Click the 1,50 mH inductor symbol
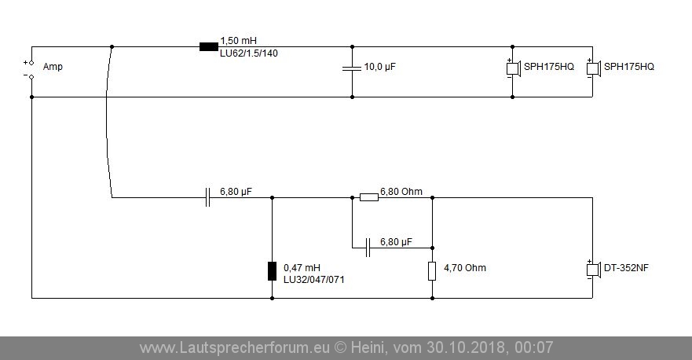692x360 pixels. click(209, 46)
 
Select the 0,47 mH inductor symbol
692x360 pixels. click(273, 270)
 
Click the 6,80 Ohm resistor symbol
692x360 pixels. click(369, 197)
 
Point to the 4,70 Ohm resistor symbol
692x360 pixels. click(432, 270)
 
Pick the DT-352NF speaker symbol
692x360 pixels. click(594, 269)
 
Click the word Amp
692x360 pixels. click(53, 67)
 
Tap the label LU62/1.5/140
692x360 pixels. click(249, 53)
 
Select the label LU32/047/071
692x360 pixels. click(313, 280)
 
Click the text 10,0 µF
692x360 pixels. click(380, 67)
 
